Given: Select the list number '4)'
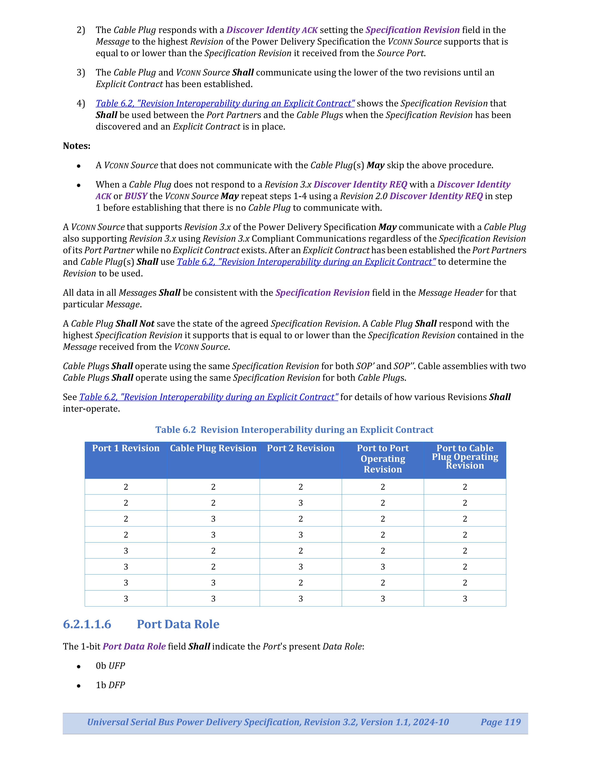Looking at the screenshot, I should click(81, 103).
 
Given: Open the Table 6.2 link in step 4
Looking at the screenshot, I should click(225, 103).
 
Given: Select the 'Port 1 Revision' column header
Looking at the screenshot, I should click(126, 448).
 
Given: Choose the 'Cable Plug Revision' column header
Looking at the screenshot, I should click(213, 448).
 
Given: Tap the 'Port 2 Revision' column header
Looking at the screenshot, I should click(300, 448).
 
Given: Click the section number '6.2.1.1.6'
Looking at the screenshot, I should click(87, 624).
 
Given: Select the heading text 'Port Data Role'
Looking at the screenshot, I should click(178, 624).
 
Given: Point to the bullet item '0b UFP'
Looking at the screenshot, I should click(110, 666).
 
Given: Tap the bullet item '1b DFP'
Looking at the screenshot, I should click(110, 685).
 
